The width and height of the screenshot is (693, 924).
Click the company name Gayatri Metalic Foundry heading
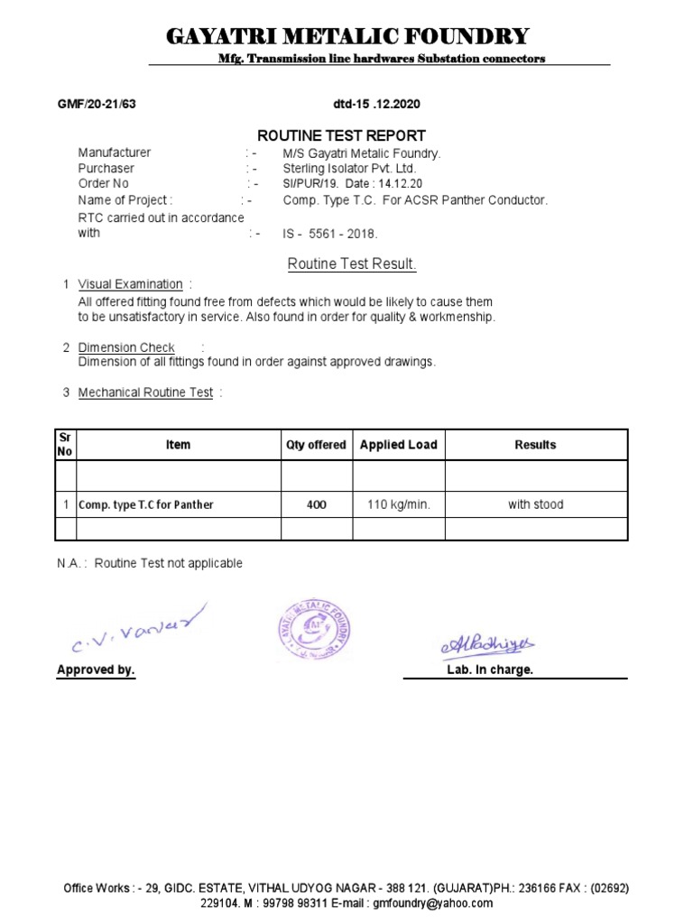coord(347,36)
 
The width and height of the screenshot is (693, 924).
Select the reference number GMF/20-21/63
coord(97,104)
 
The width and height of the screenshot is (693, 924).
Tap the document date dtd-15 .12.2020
coord(370,104)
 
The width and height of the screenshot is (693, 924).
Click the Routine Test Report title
coord(341,135)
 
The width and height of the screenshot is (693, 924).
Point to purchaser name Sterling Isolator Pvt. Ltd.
coord(349,169)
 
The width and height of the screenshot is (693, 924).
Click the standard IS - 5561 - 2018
coord(330,234)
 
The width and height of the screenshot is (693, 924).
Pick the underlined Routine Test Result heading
coord(352,264)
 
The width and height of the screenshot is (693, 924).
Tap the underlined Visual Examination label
coord(130,284)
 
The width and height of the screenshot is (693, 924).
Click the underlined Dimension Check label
coord(126,347)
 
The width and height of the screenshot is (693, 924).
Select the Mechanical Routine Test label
coord(145,393)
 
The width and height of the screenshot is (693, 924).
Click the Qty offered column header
coord(316,445)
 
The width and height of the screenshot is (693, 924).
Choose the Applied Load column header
coord(398,445)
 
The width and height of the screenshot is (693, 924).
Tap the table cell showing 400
coord(316,504)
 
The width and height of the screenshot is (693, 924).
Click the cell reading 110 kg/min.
coord(398,504)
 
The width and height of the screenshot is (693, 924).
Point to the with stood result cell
coord(535,504)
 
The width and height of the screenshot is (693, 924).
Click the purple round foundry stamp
coord(312,630)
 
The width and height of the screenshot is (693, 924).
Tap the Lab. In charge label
coord(489,670)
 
